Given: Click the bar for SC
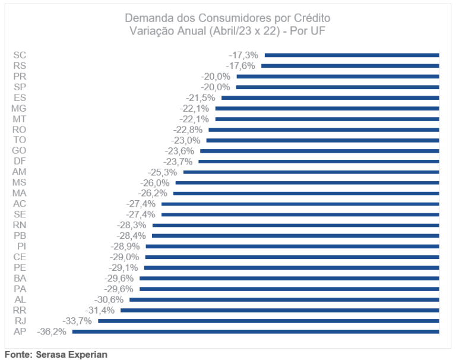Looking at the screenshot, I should coord(351,55).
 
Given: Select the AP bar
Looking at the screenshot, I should coord(255,331).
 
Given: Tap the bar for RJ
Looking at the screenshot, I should coord(268,321).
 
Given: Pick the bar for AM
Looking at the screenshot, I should coord(311,172).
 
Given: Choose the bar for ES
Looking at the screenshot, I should coord(330,97).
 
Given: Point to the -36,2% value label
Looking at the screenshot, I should coord(52,331).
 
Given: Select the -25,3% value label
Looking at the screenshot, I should coord(163,172).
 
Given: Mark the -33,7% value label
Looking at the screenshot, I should coord(77,321).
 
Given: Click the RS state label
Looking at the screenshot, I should coord(19,65).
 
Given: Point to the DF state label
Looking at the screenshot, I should coord(19,161).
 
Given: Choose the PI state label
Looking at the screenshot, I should coord(21,246).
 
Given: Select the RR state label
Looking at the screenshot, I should coord(19,310).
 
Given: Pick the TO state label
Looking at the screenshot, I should coord(19,140).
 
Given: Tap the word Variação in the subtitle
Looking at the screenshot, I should coord(150,31).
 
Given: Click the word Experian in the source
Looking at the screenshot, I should coord(88,355).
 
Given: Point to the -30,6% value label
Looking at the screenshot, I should coord(109,299).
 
